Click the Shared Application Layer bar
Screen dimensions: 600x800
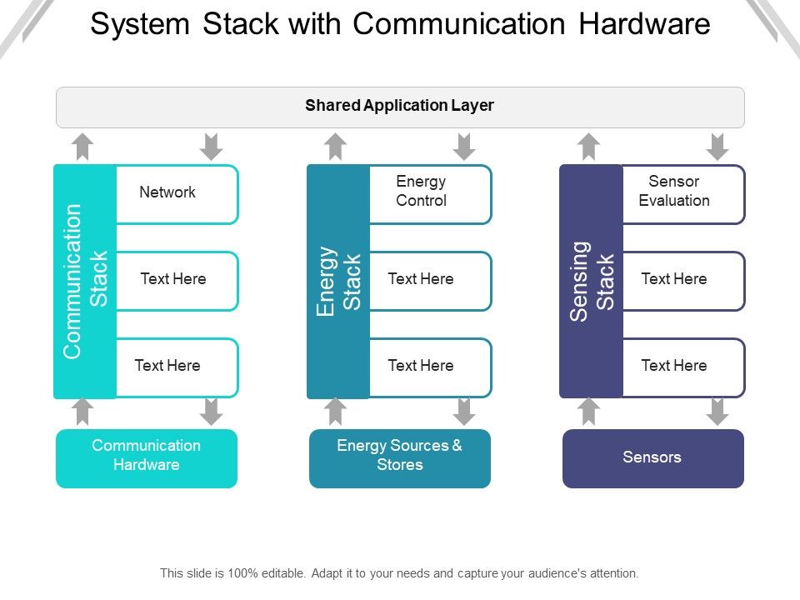pyautogui.click(x=400, y=107)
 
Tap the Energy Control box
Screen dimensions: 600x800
pyautogui.click(x=429, y=193)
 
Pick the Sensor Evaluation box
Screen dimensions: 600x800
pyautogui.click(x=682, y=193)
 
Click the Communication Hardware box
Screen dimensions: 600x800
pyautogui.click(x=147, y=457)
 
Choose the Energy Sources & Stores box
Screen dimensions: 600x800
pyautogui.click(x=400, y=457)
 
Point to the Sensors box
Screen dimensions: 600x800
pyautogui.click(x=652, y=457)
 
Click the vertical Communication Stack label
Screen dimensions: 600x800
pyautogui.click(x=85, y=281)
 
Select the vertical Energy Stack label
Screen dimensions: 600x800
pyautogui.click(x=338, y=281)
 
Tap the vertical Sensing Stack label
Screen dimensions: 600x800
pyautogui.click(x=591, y=281)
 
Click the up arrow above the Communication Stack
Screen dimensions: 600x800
pyautogui.click(x=82, y=147)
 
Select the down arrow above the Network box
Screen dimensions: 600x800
pyautogui.click(x=212, y=147)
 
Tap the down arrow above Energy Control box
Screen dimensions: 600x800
pyautogui.click(x=465, y=147)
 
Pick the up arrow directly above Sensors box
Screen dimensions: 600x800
pyautogui.click(x=589, y=411)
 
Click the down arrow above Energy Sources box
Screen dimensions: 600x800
pyautogui.click(x=465, y=411)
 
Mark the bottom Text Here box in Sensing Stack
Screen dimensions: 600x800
pyautogui.click(x=682, y=367)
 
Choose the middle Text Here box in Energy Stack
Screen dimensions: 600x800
pyautogui.click(x=429, y=280)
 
